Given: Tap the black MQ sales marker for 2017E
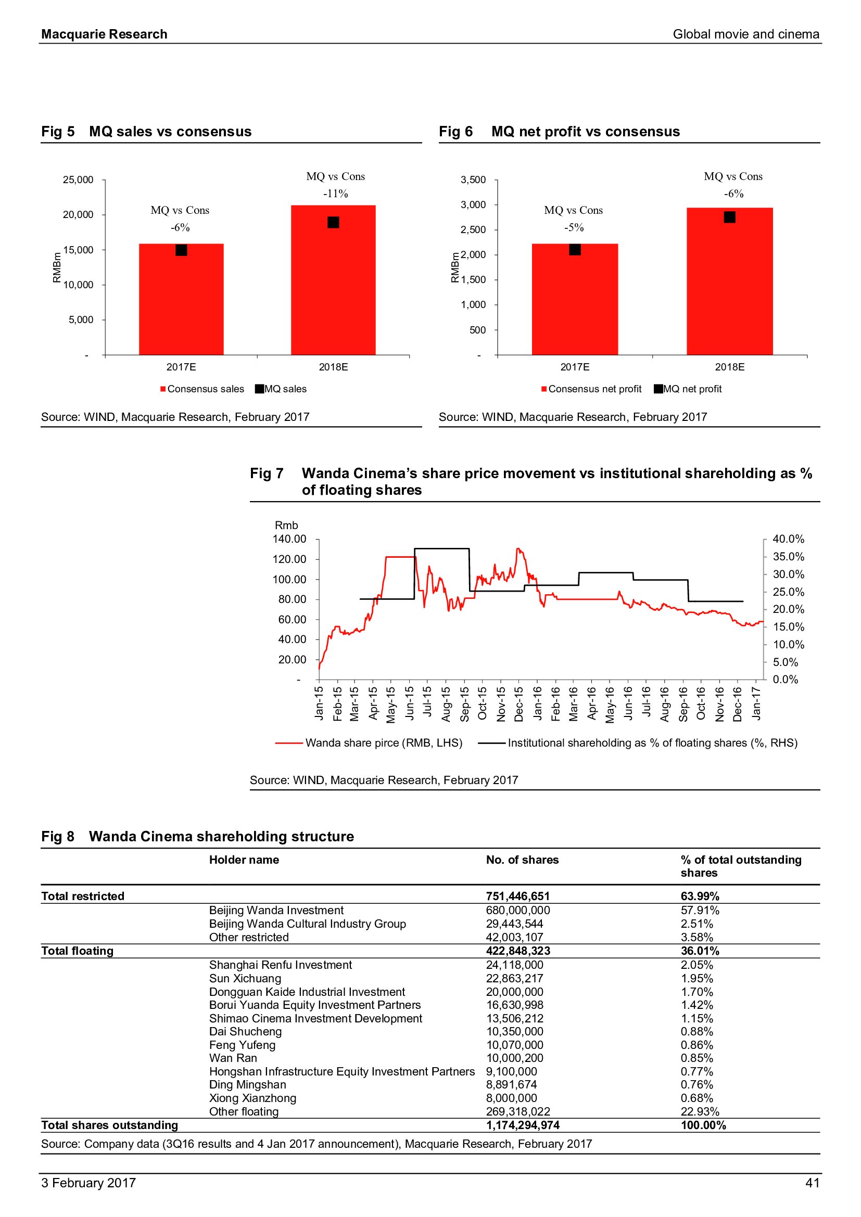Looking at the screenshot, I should click(x=181, y=250).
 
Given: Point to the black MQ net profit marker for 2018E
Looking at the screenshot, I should click(x=729, y=217).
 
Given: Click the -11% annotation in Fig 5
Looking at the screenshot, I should click(x=336, y=194).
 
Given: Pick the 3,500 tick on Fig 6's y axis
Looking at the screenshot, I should click(x=473, y=180).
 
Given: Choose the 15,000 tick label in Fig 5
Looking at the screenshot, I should click(x=78, y=250).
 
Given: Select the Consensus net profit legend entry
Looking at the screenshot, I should click(x=591, y=389).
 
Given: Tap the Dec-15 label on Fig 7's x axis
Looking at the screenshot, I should click(x=519, y=704).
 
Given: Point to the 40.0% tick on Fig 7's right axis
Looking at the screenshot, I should click(x=788, y=539).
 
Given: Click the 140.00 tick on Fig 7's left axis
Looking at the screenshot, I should click(x=289, y=539).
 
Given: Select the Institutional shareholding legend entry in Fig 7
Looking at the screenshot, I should click(x=638, y=742).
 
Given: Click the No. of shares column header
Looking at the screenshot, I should click(x=522, y=860).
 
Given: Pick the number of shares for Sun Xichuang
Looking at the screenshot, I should click(x=514, y=979).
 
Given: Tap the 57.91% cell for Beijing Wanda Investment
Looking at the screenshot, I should click(x=700, y=910).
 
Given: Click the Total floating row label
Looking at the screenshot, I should click(x=78, y=951).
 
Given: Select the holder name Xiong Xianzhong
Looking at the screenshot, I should click(x=252, y=1098).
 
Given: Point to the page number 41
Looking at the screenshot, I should click(x=812, y=1183).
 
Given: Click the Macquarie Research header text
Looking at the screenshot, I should click(x=105, y=34).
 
